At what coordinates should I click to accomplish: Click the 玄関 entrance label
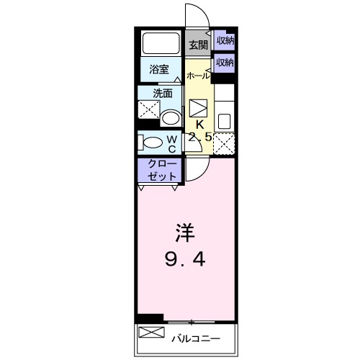coord(198,45)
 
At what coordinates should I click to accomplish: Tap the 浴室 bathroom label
coord(159,69)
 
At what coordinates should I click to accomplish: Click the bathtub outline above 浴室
coord(161,43)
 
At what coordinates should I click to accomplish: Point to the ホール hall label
coord(199,76)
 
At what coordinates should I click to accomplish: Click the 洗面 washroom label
coord(163,93)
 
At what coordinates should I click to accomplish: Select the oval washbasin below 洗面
coord(171,117)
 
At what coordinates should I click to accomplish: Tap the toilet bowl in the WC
coord(151,141)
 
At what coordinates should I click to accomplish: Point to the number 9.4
coord(184,258)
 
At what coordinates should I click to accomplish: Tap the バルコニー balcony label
coord(194,337)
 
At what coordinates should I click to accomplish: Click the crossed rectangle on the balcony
coord(152,333)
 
